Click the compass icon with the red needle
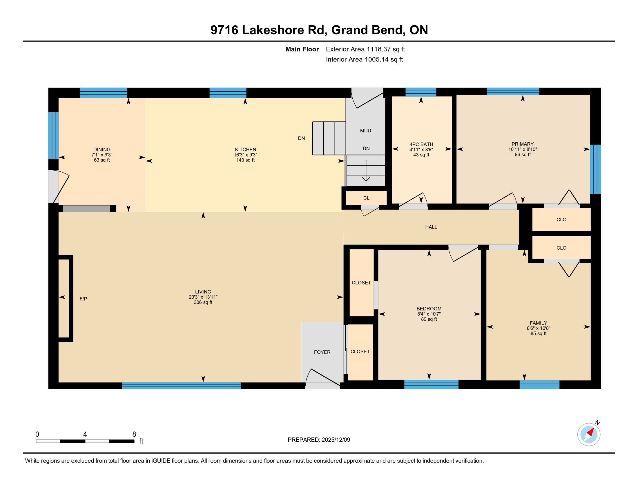pos(589,434)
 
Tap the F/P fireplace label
pos(83,299)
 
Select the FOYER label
pos(322,352)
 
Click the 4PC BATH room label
pos(421,144)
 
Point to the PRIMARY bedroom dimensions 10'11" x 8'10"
pos(523,149)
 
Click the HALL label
pos(431,227)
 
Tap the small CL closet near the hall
pos(366,198)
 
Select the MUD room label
pos(365,130)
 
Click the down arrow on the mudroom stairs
pos(366,171)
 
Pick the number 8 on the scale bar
pos(134,434)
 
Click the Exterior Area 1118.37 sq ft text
pos(365,49)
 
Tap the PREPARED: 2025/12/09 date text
pos(319,440)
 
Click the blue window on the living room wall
pos(181,385)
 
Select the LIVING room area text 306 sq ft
pos(203,302)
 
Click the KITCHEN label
pos(245,150)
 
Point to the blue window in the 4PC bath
pos(421,92)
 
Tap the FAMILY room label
pos(539,323)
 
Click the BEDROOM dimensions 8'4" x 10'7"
pos(429,314)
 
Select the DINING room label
pos(102,150)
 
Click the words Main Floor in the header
pos(302,49)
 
